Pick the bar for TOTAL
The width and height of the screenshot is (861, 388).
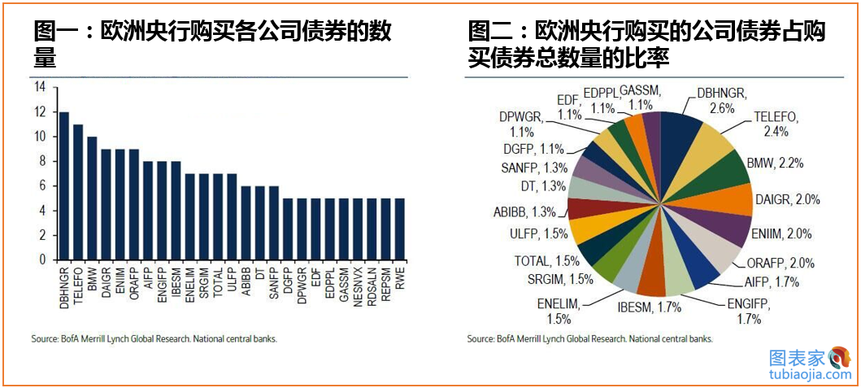[218, 216]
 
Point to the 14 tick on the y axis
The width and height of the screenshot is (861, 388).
[40, 87]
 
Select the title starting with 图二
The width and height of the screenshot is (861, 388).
[646, 45]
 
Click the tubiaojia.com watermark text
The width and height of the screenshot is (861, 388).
[808, 375]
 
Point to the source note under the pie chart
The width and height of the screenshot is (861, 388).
[590, 339]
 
